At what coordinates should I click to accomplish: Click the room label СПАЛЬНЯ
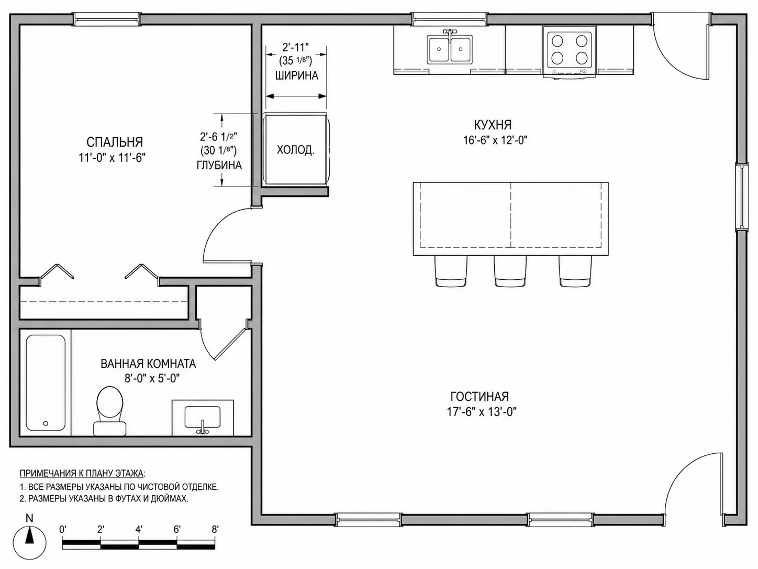click(x=114, y=142)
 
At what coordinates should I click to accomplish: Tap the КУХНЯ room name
click(x=493, y=124)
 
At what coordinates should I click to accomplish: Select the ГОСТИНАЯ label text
click(x=480, y=396)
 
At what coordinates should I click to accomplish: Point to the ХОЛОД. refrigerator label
click(x=296, y=150)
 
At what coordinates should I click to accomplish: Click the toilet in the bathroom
click(x=110, y=411)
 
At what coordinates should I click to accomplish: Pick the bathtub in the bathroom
click(x=46, y=383)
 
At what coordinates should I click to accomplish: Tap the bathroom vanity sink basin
click(x=203, y=417)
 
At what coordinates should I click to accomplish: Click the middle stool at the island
click(x=510, y=271)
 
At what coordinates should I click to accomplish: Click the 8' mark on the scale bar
click(x=215, y=529)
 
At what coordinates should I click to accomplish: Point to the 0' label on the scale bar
click(x=63, y=529)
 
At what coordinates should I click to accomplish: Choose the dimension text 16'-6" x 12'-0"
click(x=495, y=140)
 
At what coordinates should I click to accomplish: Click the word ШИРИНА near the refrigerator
click(x=297, y=75)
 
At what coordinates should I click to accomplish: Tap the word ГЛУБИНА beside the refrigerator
click(x=219, y=166)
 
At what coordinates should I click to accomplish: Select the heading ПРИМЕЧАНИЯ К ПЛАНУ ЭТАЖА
click(x=83, y=473)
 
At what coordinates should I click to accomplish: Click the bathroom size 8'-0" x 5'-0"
click(x=153, y=379)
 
